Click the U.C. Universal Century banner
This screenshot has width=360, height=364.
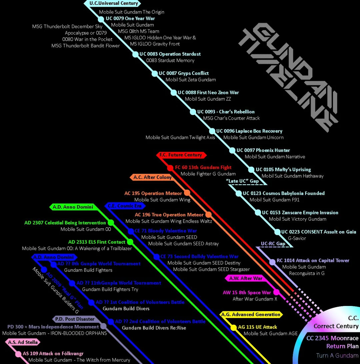click(113, 3)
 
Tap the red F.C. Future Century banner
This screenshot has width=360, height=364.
click(180, 155)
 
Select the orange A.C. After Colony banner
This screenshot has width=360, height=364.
click(152, 177)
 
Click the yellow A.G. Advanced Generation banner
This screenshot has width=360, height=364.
click(251, 314)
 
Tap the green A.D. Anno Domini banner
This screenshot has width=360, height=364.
click(73, 207)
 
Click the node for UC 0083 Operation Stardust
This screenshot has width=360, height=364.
click(135, 54)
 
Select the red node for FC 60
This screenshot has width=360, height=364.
click(170, 168)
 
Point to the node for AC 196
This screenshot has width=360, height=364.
click(209, 215)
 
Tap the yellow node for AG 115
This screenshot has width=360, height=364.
click(234, 327)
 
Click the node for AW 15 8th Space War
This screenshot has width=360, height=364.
click(276, 293)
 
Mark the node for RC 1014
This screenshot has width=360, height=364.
click(272, 262)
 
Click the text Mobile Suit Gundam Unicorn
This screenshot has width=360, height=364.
click(253, 137)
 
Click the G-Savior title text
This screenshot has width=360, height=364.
click(297, 238)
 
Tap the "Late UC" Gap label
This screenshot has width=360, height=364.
click(242, 181)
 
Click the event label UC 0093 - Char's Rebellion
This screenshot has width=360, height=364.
click(226, 112)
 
